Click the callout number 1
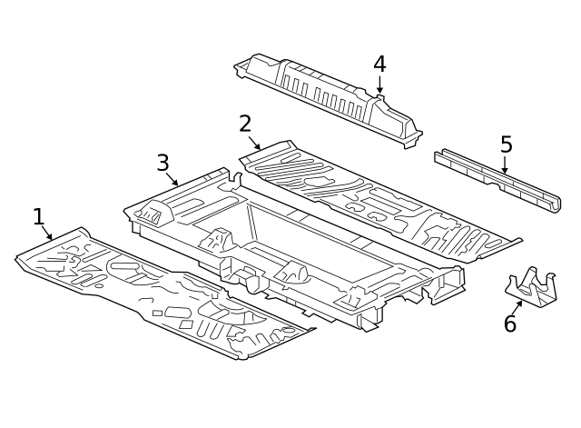39,216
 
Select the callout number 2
245,124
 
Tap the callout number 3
162,163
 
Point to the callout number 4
379,64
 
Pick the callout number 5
507,144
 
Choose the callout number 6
510,323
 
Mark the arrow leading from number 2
254,144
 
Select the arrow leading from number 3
172,179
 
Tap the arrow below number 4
379,85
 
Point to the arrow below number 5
505,164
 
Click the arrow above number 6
517,308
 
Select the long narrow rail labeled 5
497,181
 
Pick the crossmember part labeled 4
328,100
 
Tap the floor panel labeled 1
163,293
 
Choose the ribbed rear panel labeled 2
378,200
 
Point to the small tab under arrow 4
380,97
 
